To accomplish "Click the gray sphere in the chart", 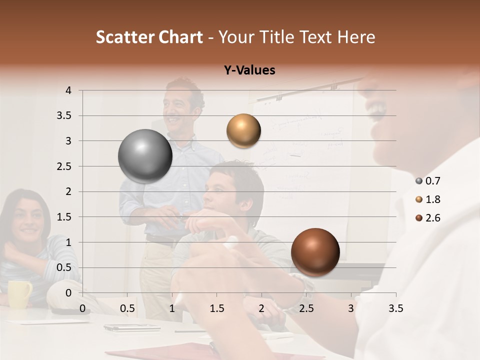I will coord(145,156).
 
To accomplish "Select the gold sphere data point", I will coord(243,130).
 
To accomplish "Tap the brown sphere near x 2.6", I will coord(315,252).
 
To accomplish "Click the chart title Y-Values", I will coord(249,70).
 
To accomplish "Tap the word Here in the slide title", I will coord(355,37).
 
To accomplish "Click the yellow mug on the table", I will coord(19,294).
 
